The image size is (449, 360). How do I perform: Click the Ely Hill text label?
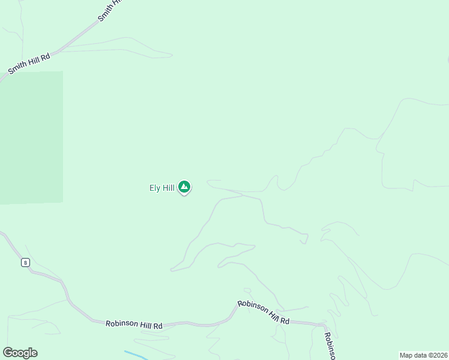[161, 188]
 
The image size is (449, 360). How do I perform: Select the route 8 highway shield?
[25, 262]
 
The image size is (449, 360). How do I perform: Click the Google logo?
[20, 353]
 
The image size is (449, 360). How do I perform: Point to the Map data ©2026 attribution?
[423, 355]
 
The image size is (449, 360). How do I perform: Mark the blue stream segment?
[136, 355]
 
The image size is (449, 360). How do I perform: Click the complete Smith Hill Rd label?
[28, 63]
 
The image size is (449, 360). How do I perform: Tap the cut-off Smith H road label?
[110, 10]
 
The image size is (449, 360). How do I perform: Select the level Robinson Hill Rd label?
[134, 325]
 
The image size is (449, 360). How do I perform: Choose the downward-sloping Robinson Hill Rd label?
[264, 313]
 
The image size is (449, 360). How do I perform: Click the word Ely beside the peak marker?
[154, 188]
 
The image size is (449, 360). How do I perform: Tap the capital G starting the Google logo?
[8, 353]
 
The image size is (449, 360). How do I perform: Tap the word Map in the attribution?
[406, 355]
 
